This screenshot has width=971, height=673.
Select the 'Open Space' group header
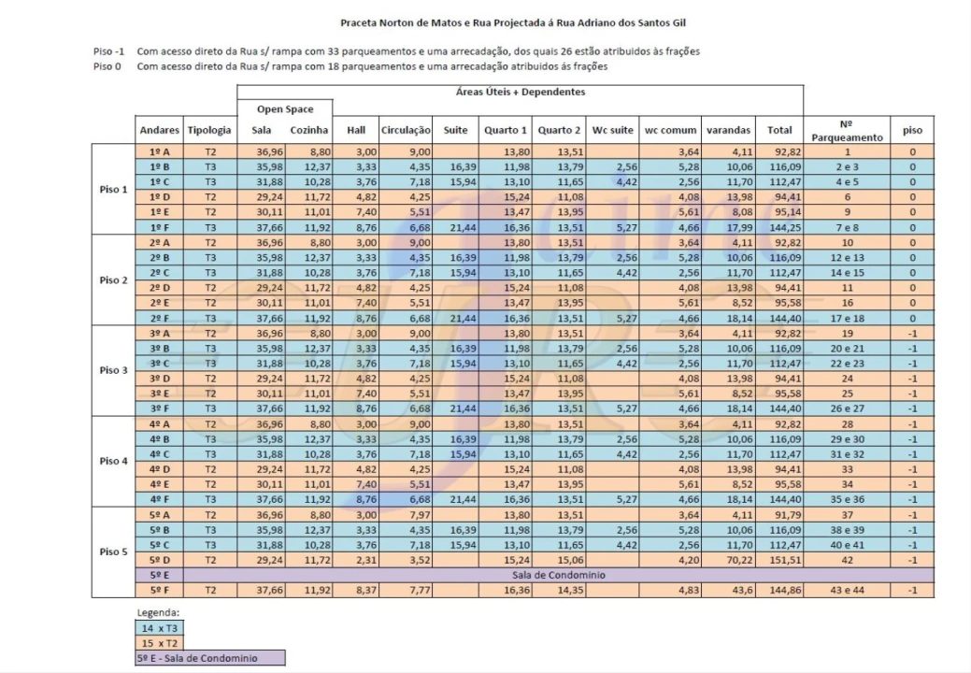click(x=283, y=109)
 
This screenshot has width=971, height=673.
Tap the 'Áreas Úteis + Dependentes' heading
click(x=520, y=92)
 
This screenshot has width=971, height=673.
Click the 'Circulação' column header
click(x=405, y=131)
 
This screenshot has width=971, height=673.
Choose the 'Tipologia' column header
click(x=209, y=131)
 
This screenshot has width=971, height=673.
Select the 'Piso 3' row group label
click(x=113, y=369)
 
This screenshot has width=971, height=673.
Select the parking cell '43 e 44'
click(x=847, y=590)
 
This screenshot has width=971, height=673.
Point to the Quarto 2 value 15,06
click(x=558, y=559)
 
